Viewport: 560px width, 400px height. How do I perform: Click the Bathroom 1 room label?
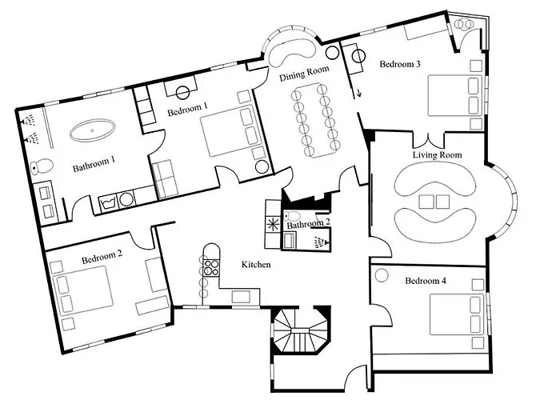94,167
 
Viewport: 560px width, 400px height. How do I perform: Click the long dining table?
313,120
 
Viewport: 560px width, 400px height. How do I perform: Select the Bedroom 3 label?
400,64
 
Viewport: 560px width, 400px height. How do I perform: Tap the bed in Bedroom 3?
453,96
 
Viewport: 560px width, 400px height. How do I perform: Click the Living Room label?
437,154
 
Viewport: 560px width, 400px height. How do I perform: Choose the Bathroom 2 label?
309,225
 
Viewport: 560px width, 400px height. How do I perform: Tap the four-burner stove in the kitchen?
212,263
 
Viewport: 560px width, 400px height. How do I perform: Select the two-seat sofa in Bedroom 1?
166,178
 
